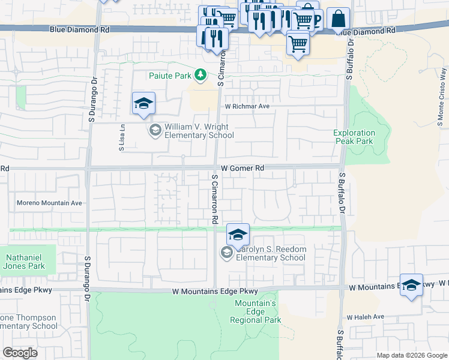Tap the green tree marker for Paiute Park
pos(201,75)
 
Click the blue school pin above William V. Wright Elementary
pos(144,104)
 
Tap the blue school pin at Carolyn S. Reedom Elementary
pos(238,234)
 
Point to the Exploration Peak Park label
pos(354,137)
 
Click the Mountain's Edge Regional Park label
pos(255,312)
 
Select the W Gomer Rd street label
pos(243,169)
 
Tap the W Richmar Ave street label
pos(247,106)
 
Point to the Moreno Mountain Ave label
pos(49,203)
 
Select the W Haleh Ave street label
pos(364,317)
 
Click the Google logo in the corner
pos(20,353)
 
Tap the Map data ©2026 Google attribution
pos(412,355)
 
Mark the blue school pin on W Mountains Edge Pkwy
pos(411,285)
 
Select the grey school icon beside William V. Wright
pos(155,130)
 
